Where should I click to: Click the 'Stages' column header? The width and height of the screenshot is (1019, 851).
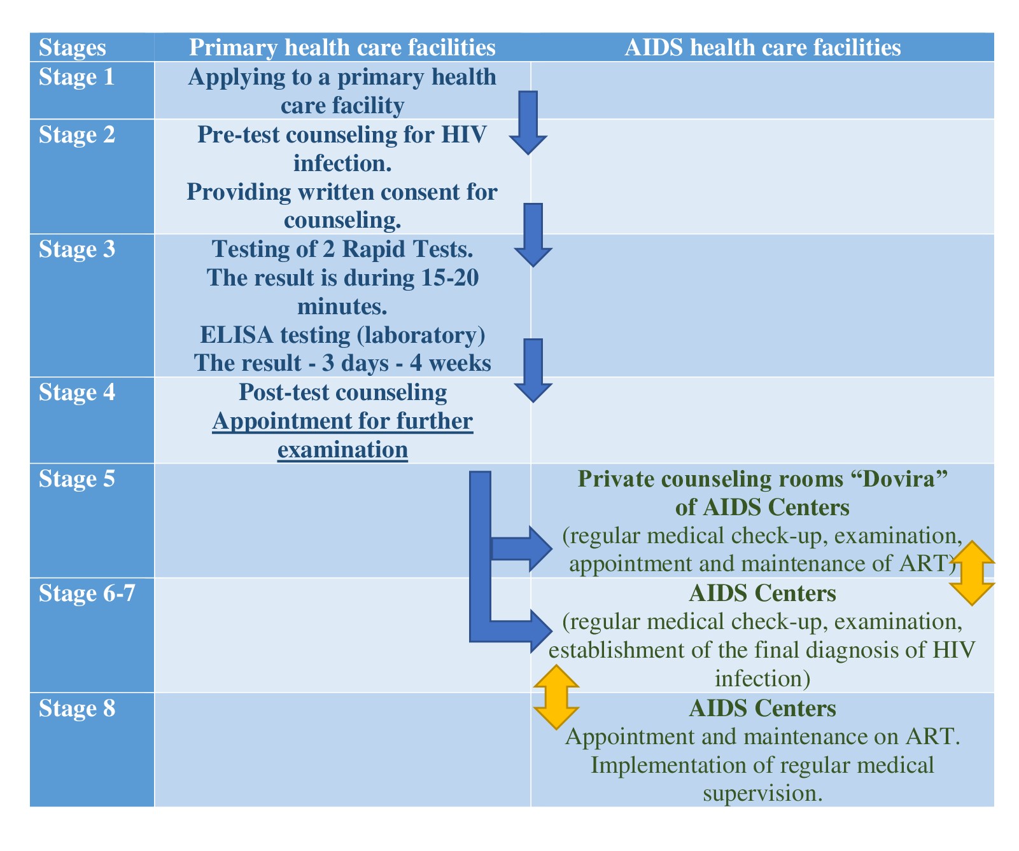[x=73, y=48]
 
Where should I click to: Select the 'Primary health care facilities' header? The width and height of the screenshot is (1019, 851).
[x=342, y=48]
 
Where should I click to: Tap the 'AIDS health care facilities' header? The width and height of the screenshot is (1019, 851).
[x=762, y=48]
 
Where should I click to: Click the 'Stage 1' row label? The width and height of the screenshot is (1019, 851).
[x=77, y=77]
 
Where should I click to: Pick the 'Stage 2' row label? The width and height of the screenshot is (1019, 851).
[x=77, y=135]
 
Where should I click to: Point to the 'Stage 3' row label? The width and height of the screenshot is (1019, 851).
[x=77, y=249]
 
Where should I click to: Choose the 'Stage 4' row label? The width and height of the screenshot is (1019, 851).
[x=77, y=392]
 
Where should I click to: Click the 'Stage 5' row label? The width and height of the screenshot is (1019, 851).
[x=77, y=478]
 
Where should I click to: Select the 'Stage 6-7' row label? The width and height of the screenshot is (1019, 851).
[x=87, y=593]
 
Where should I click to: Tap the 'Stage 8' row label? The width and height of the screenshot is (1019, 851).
[x=77, y=708]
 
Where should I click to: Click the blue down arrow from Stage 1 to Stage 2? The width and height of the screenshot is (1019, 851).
[x=529, y=122]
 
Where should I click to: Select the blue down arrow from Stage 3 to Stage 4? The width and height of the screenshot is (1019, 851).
[x=533, y=370]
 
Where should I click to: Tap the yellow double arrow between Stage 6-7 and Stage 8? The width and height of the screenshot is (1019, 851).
[x=556, y=697]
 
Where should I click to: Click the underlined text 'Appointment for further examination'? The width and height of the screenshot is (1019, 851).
[x=342, y=436]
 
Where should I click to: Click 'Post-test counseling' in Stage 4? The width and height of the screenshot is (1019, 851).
[x=342, y=392]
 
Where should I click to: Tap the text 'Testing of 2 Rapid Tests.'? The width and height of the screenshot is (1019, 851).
[x=342, y=249]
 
